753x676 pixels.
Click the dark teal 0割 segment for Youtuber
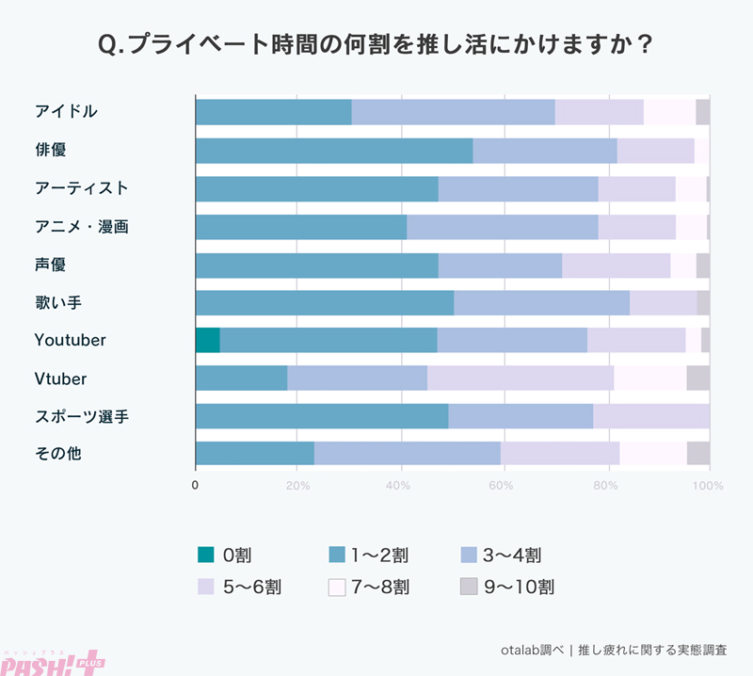[x=207, y=339]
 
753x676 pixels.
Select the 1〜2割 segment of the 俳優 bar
[x=333, y=151]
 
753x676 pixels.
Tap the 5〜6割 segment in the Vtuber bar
[x=520, y=378]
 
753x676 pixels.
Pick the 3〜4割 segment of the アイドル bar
[x=453, y=112]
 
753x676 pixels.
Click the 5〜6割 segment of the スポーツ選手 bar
[x=650, y=416]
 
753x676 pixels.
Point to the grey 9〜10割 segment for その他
[x=697, y=454]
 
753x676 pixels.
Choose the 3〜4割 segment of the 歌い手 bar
[x=541, y=302]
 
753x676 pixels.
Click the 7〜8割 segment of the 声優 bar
[x=682, y=265]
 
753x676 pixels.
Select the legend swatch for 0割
[x=206, y=555]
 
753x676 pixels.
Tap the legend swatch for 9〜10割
[x=470, y=587]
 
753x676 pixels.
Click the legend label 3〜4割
[x=511, y=555]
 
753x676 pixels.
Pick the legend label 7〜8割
[x=380, y=587]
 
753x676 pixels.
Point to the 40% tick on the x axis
[x=400, y=487]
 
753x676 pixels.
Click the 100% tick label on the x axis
[x=707, y=487]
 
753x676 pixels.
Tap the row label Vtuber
[x=60, y=378]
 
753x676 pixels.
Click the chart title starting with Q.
[x=376, y=44]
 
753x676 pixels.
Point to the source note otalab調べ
[x=615, y=650]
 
